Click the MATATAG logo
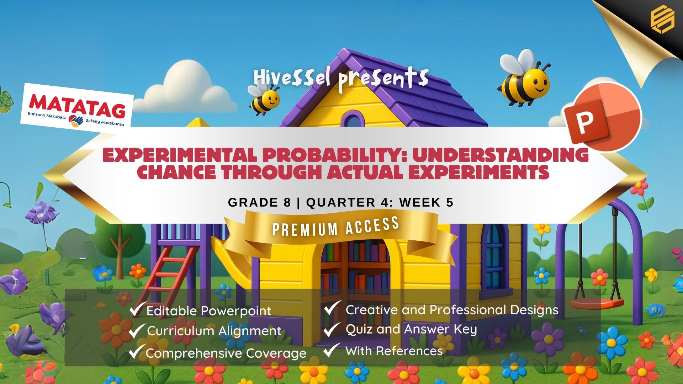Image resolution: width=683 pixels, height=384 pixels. [x=77, y=106]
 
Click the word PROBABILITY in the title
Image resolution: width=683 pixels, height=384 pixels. [x=333, y=155]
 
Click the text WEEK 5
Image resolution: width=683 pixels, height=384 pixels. [x=426, y=202]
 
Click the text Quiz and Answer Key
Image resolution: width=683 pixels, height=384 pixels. [x=411, y=330]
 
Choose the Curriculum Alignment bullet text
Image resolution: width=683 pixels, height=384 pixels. [x=214, y=331]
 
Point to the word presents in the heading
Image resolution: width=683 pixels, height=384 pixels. [x=383, y=79]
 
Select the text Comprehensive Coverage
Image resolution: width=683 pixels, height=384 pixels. [x=226, y=353]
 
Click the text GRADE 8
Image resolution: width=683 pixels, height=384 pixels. [x=259, y=202]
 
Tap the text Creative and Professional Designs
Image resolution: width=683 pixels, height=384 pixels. [x=452, y=310]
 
